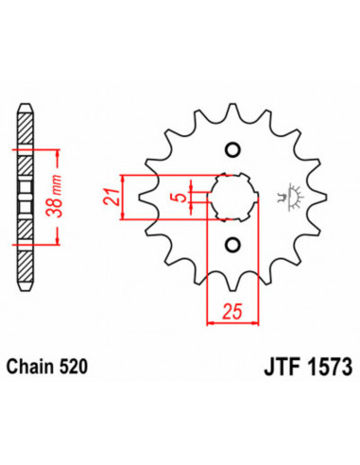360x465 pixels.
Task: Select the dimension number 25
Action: (231, 309)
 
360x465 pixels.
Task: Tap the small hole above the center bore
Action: (232, 148)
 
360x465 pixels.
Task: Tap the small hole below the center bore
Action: (232, 247)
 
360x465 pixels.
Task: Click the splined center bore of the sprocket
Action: (232, 198)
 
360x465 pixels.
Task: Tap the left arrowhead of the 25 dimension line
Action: (211, 322)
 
